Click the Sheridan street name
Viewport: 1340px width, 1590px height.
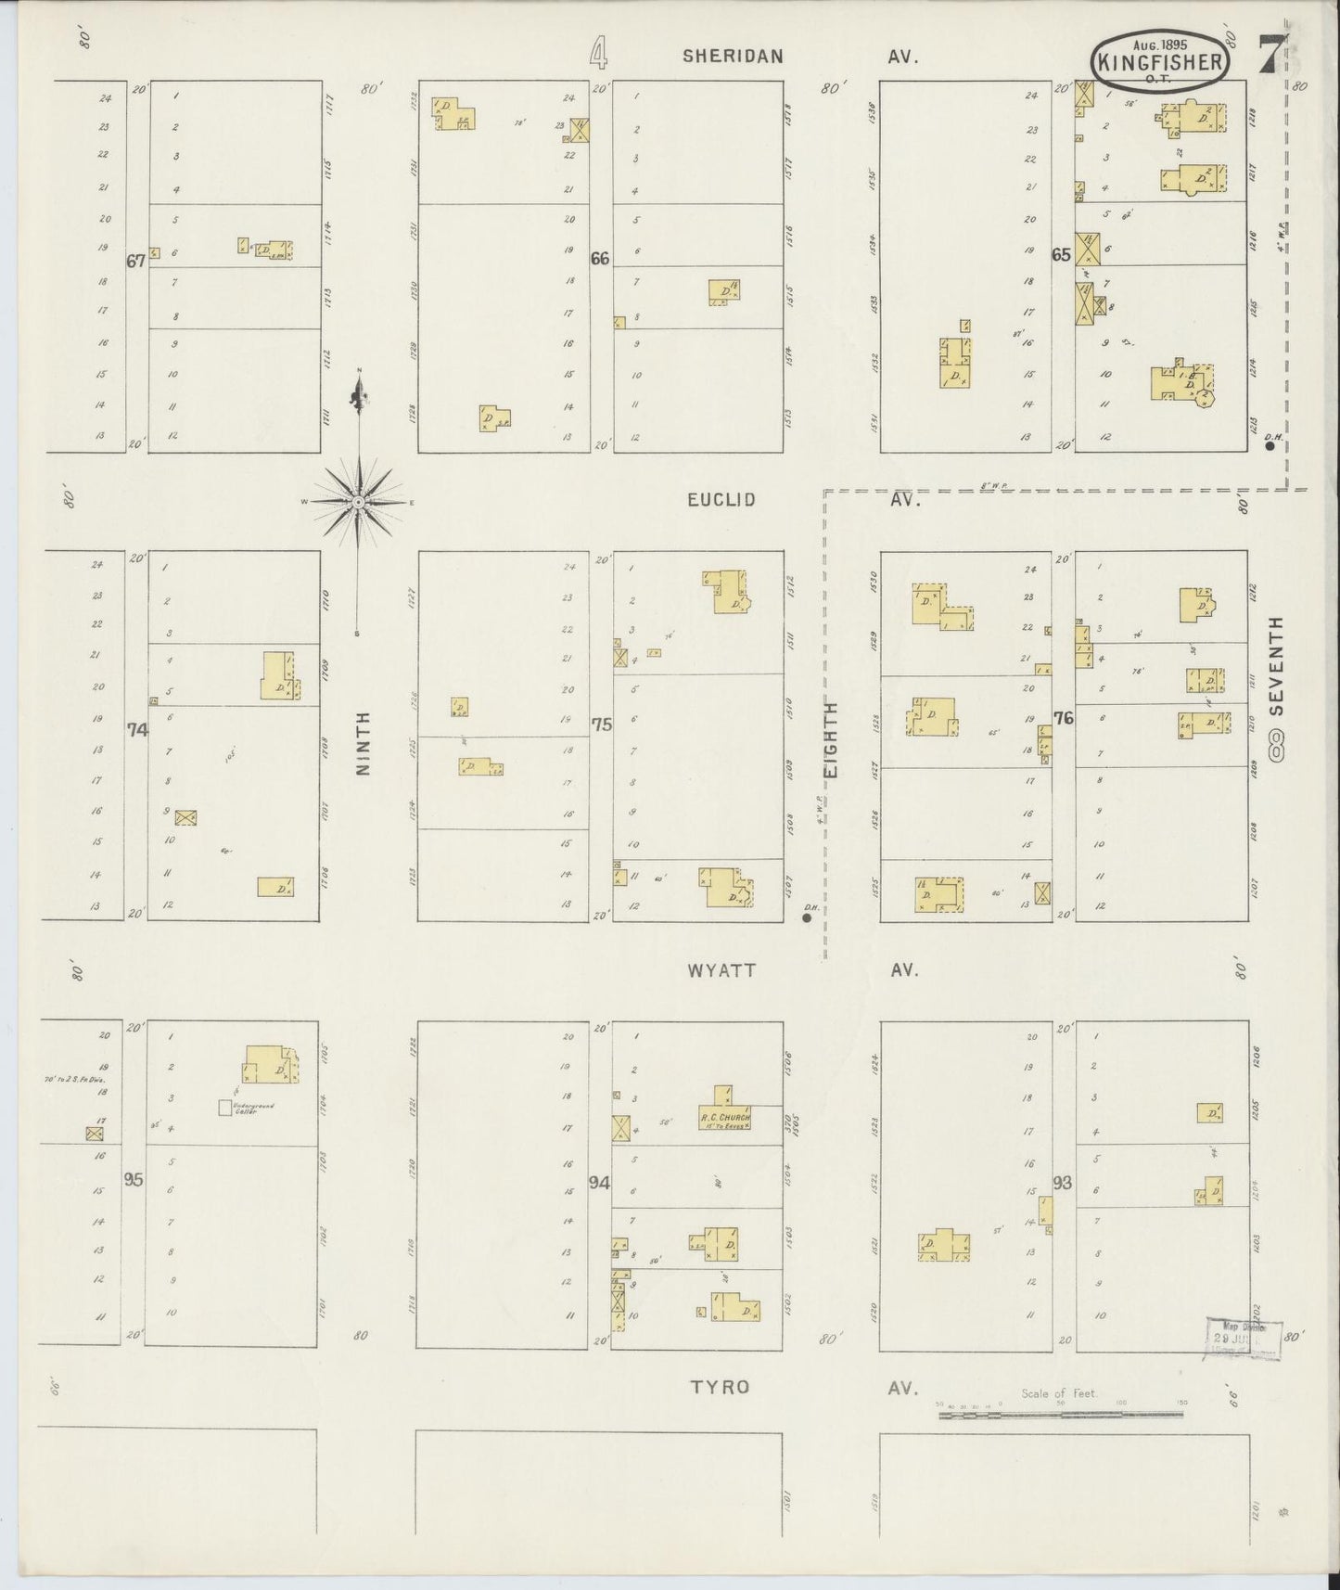(733, 56)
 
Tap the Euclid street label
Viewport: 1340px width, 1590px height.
(721, 500)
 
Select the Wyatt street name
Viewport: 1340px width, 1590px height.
(721, 970)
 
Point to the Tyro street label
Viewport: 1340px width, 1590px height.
(719, 1388)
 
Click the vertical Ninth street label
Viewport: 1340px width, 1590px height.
(362, 743)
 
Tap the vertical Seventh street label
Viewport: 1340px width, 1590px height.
(1277, 665)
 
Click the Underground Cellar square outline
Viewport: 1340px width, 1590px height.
(224, 1107)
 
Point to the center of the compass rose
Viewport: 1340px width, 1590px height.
(358, 502)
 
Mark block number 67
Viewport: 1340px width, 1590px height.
(136, 262)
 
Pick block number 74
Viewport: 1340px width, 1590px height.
(137, 730)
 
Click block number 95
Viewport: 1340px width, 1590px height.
(134, 1181)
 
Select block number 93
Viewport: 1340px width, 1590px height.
(1062, 1184)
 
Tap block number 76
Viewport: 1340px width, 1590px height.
(1063, 718)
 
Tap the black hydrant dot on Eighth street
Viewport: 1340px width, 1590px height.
(807, 918)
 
